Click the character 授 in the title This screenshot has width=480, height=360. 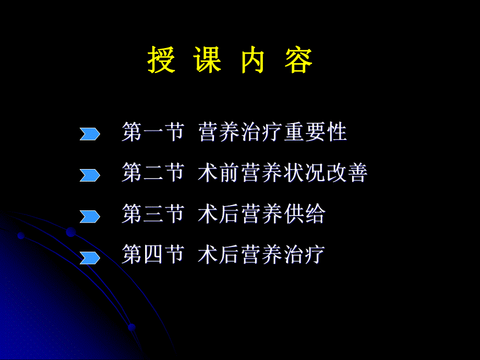click(161, 61)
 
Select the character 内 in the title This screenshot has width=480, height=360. click(253, 61)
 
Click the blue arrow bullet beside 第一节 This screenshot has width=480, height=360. click(90, 134)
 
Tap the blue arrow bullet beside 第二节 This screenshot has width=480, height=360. click(90, 175)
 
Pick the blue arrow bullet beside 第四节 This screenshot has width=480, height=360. click(90, 257)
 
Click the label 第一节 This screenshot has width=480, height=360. click(153, 132)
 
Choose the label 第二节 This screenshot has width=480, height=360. click(153, 173)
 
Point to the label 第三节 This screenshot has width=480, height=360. click(153, 214)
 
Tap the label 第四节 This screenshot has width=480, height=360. click(153, 255)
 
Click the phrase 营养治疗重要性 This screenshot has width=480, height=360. click(272, 132)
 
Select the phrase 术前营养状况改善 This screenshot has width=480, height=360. click(283, 173)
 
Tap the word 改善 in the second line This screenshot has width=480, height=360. click(347, 173)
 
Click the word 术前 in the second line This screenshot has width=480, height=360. click(219, 173)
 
